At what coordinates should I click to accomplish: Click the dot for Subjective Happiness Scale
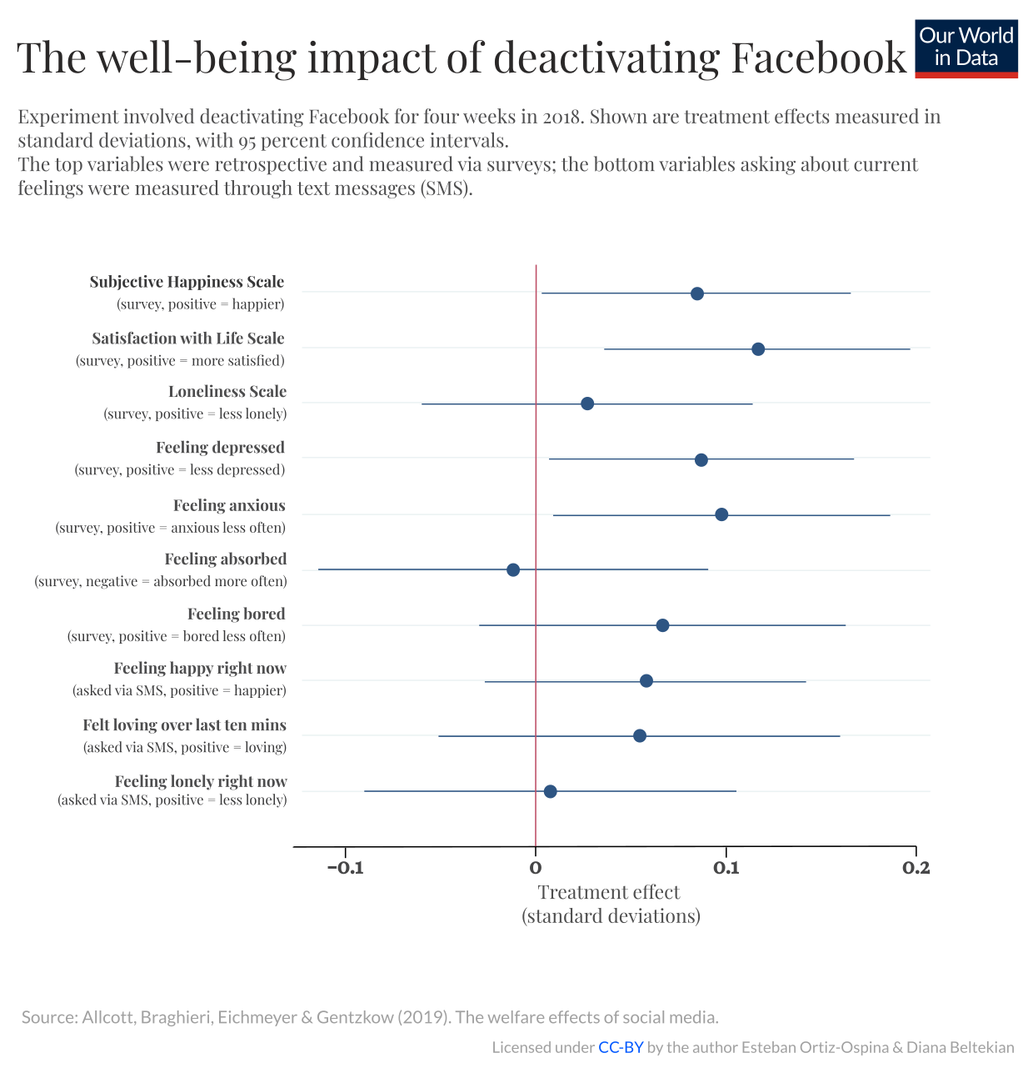click(x=697, y=293)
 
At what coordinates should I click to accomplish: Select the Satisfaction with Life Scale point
click(x=758, y=348)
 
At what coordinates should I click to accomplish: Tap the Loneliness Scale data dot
click(x=587, y=404)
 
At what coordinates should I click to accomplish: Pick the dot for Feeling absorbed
click(x=513, y=569)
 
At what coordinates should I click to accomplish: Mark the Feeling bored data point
click(x=662, y=625)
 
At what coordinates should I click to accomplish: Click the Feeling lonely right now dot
click(x=550, y=791)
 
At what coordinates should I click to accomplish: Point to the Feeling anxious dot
click(x=721, y=514)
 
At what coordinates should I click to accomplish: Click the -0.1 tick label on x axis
click(x=345, y=868)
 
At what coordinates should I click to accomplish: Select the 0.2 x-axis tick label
click(x=916, y=868)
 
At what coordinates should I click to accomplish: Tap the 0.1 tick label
click(x=726, y=868)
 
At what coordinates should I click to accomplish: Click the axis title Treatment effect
click(x=609, y=892)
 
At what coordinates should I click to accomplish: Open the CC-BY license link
click(x=621, y=1048)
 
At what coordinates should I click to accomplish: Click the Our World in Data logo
click(x=966, y=48)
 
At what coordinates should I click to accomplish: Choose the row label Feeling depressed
click(x=220, y=448)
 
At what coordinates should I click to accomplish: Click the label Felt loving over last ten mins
click(x=184, y=725)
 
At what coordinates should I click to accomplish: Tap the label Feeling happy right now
click(x=200, y=669)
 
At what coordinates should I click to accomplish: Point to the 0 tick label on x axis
click(x=536, y=868)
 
